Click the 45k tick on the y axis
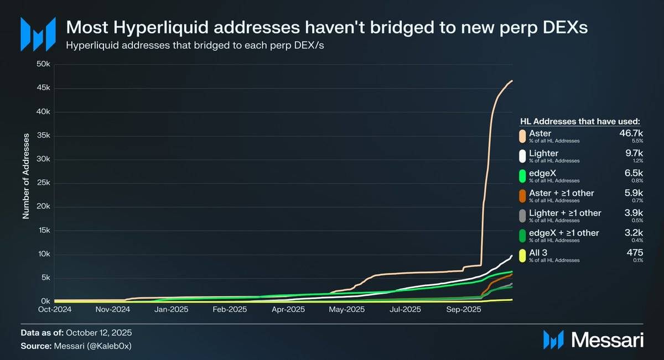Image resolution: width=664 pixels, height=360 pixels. coord(44,88)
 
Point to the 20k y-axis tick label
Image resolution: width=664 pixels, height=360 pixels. coord(44,207)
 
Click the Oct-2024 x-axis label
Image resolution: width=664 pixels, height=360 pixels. coord(54,310)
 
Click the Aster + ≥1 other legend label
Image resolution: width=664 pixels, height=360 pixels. coord(562,193)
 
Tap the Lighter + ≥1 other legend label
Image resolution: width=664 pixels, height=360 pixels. coord(565,213)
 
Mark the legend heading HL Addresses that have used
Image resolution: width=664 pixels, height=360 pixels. coord(580,121)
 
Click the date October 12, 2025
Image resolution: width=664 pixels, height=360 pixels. coord(99,333)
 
